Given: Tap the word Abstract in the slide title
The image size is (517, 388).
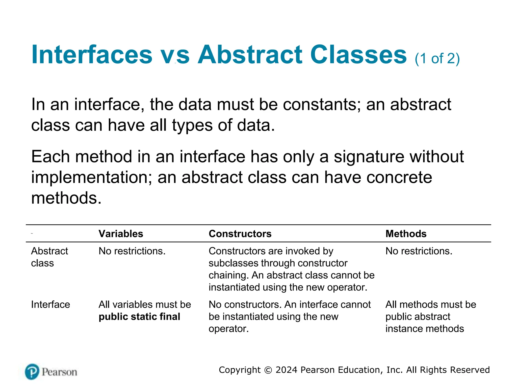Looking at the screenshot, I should (x=250, y=55).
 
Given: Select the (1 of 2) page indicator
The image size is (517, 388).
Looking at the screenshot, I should (x=437, y=59).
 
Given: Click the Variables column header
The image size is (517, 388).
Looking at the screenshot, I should (x=121, y=234).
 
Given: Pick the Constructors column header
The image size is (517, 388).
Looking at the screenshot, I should (x=240, y=234).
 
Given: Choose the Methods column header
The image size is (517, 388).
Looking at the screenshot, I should (x=406, y=234).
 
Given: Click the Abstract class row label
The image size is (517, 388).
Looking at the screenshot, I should (x=49, y=257).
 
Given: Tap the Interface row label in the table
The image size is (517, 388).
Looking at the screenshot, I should (x=50, y=304).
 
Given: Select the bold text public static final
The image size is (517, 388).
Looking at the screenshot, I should (x=139, y=317).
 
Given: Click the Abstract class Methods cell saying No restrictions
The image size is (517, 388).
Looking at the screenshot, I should (x=419, y=251).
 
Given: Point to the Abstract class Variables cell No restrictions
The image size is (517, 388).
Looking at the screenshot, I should (x=132, y=251).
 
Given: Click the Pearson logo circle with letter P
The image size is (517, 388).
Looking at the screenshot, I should (x=32, y=372).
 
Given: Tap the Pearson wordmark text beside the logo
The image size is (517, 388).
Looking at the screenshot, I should (x=59, y=372).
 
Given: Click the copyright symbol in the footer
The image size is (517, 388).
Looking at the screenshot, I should (x=268, y=370).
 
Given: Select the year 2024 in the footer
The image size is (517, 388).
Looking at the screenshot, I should (x=287, y=370).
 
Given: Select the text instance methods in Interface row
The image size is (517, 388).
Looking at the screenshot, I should (x=424, y=329).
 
